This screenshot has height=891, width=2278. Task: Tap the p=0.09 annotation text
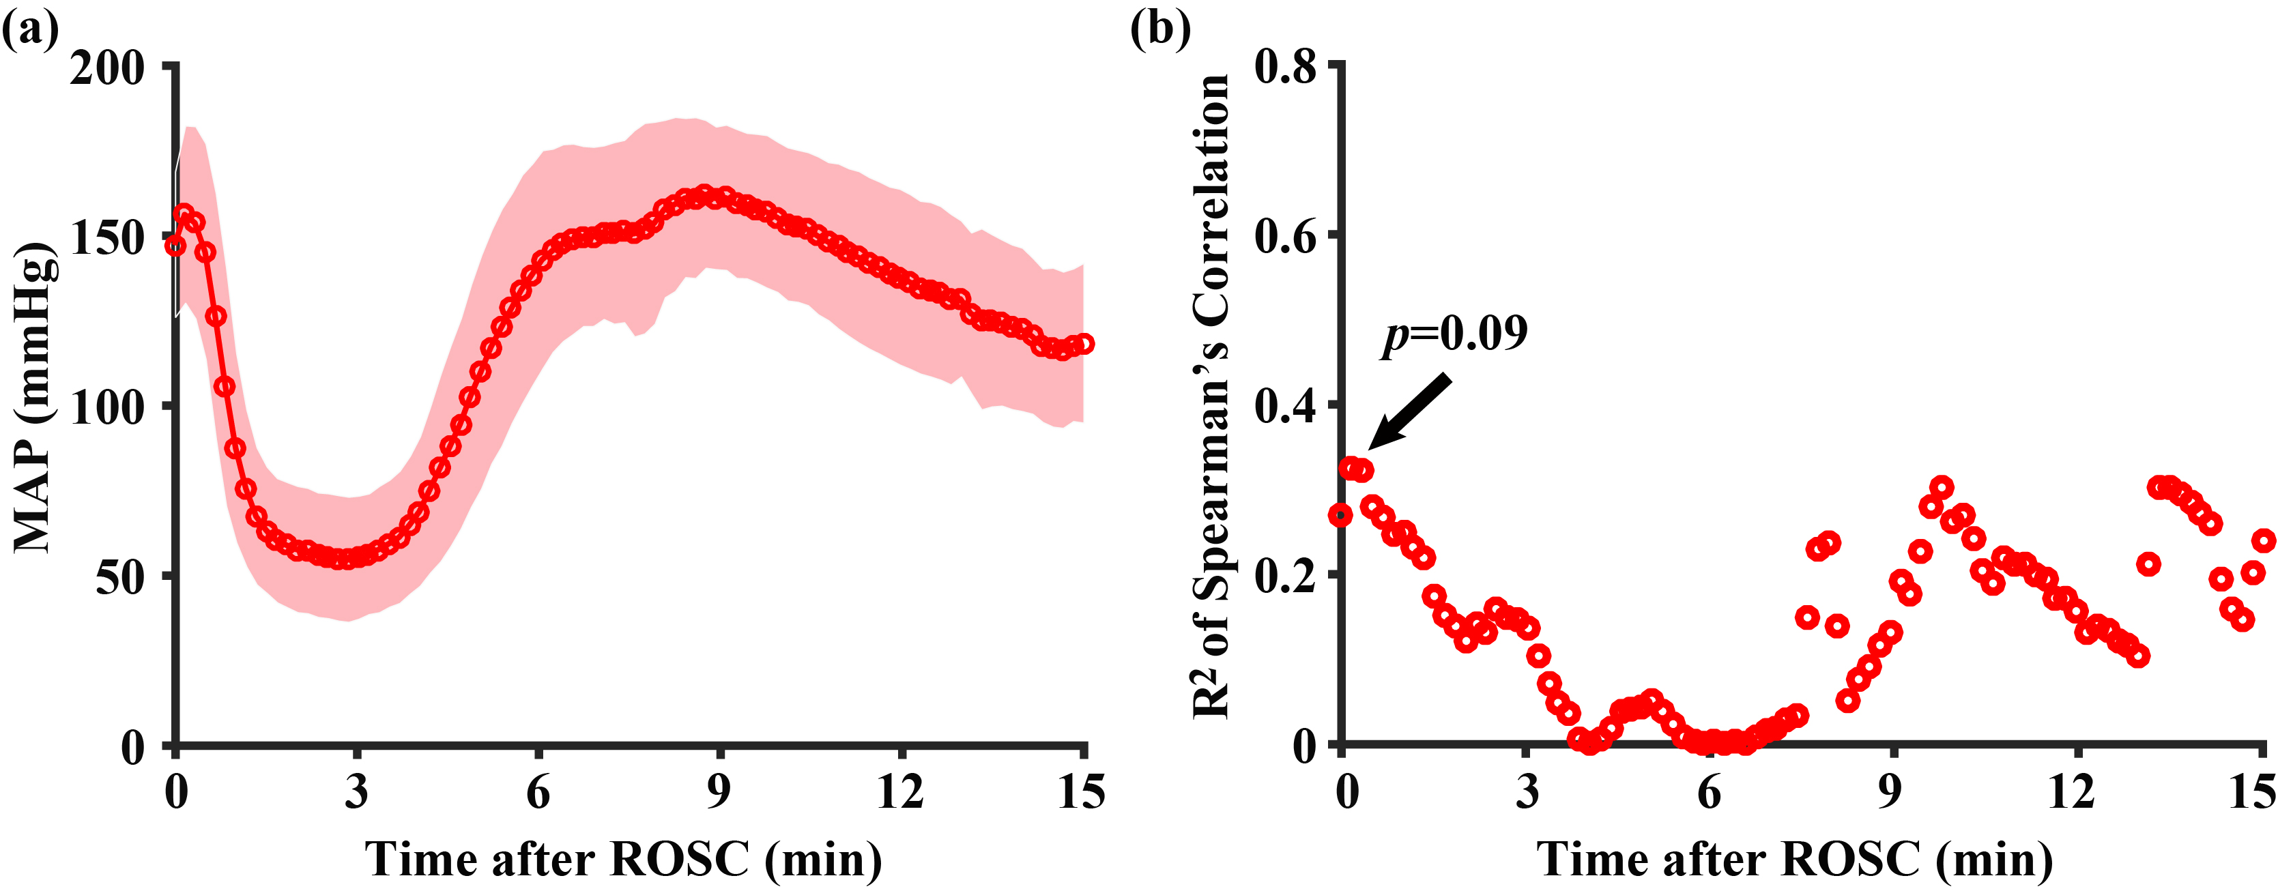(1455, 334)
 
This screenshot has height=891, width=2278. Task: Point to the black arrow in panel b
(1410, 411)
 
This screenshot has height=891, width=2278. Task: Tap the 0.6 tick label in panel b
(1286, 237)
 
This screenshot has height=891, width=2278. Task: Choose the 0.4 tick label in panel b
(1286, 407)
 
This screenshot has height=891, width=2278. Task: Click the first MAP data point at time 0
(176, 245)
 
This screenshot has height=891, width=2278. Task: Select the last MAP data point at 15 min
(1085, 344)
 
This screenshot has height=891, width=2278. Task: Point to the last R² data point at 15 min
(2264, 540)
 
